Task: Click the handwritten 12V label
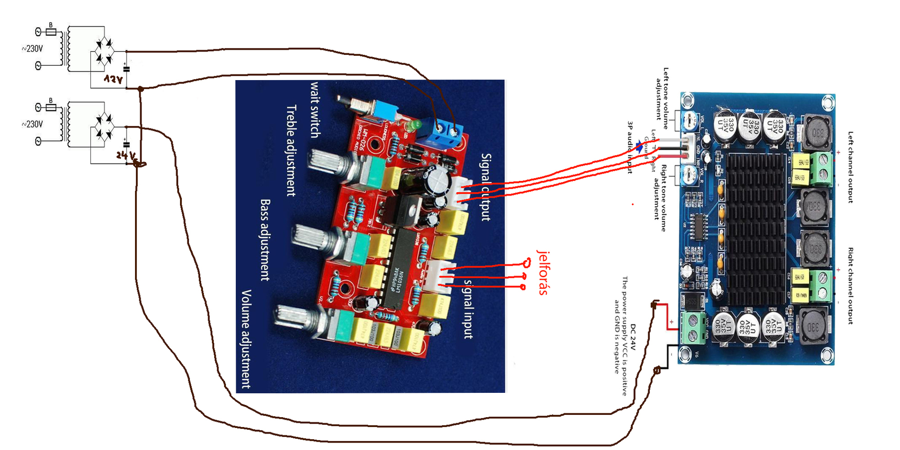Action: pyautogui.click(x=113, y=79)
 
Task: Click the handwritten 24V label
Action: pyautogui.click(x=126, y=155)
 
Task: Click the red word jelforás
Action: pyautogui.click(x=543, y=272)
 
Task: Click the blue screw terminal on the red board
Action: pyautogui.click(x=445, y=133)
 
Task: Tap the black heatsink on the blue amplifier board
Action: pyautogui.click(x=755, y=230)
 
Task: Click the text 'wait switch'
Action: pyautogui.click(x=315, y=110)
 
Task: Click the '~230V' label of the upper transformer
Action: pyautogui.click(x=32, y=49)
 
